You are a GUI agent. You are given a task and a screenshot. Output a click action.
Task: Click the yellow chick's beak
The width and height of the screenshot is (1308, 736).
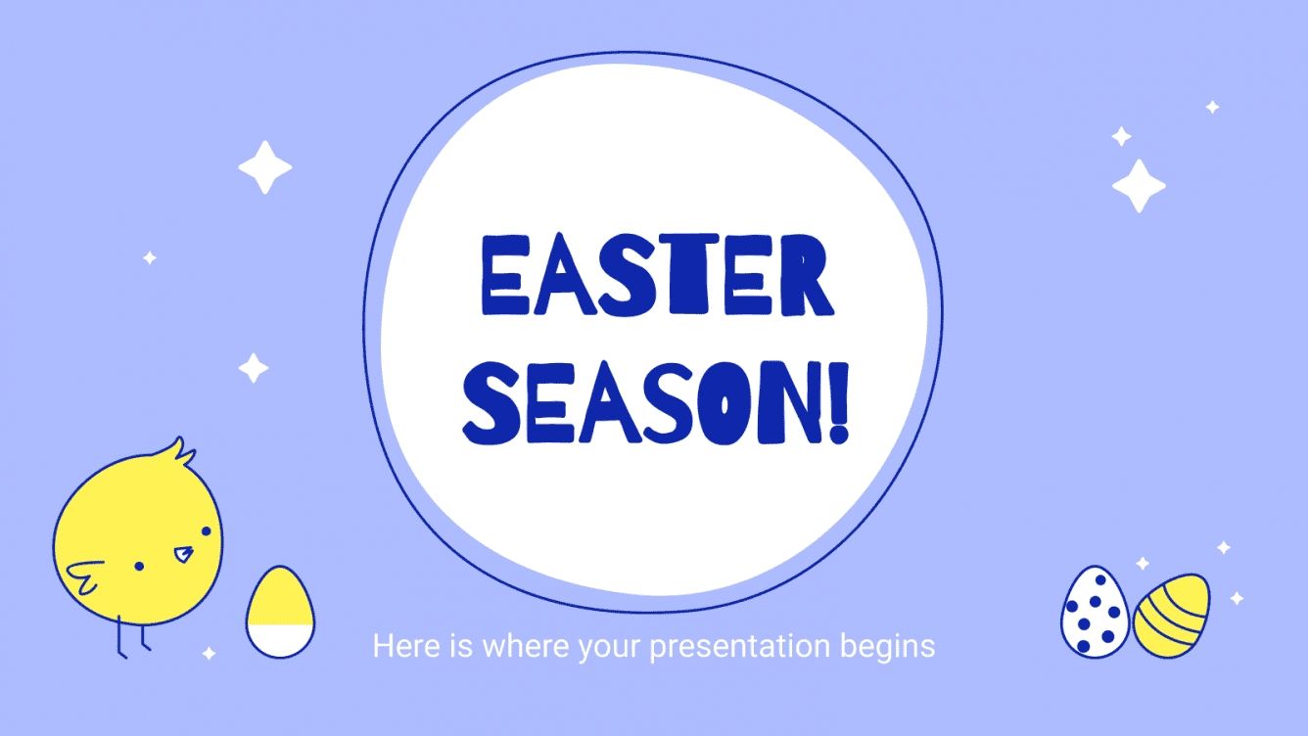(x=183, y=555)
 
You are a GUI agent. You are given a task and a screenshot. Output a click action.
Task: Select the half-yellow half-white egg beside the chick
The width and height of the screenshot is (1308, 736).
(x=280, y=612)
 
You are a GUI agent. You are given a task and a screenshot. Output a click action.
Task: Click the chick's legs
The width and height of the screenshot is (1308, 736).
(x=132, y=636)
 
